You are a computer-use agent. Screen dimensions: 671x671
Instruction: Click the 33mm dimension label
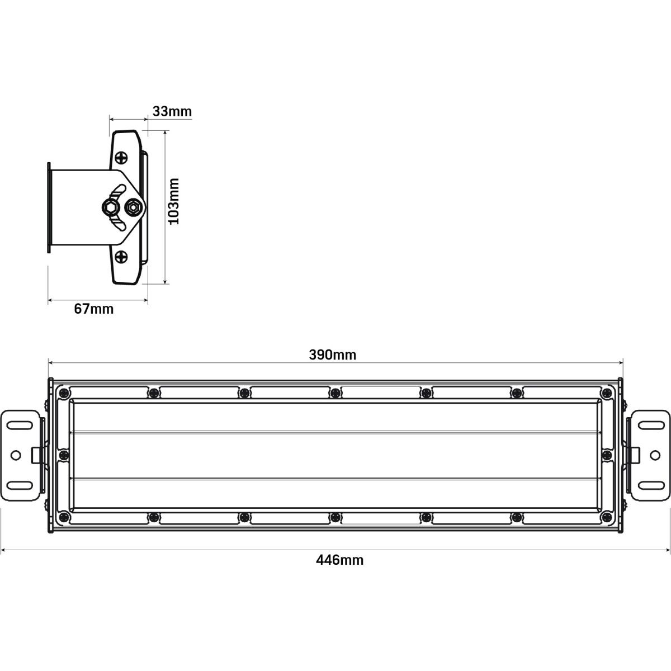click(x=172, y=111)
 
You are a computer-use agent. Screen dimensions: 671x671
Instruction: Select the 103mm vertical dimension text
click(x=173, y=201)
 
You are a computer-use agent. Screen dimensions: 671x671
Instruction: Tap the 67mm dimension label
click(x=94, y=309)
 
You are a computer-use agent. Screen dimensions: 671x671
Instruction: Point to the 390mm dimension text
click(x=333, y=355)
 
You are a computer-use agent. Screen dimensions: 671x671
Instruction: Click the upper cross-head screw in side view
click(x=121, y=158)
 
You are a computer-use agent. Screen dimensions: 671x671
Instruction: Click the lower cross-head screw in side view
click(x=121, y=257)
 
